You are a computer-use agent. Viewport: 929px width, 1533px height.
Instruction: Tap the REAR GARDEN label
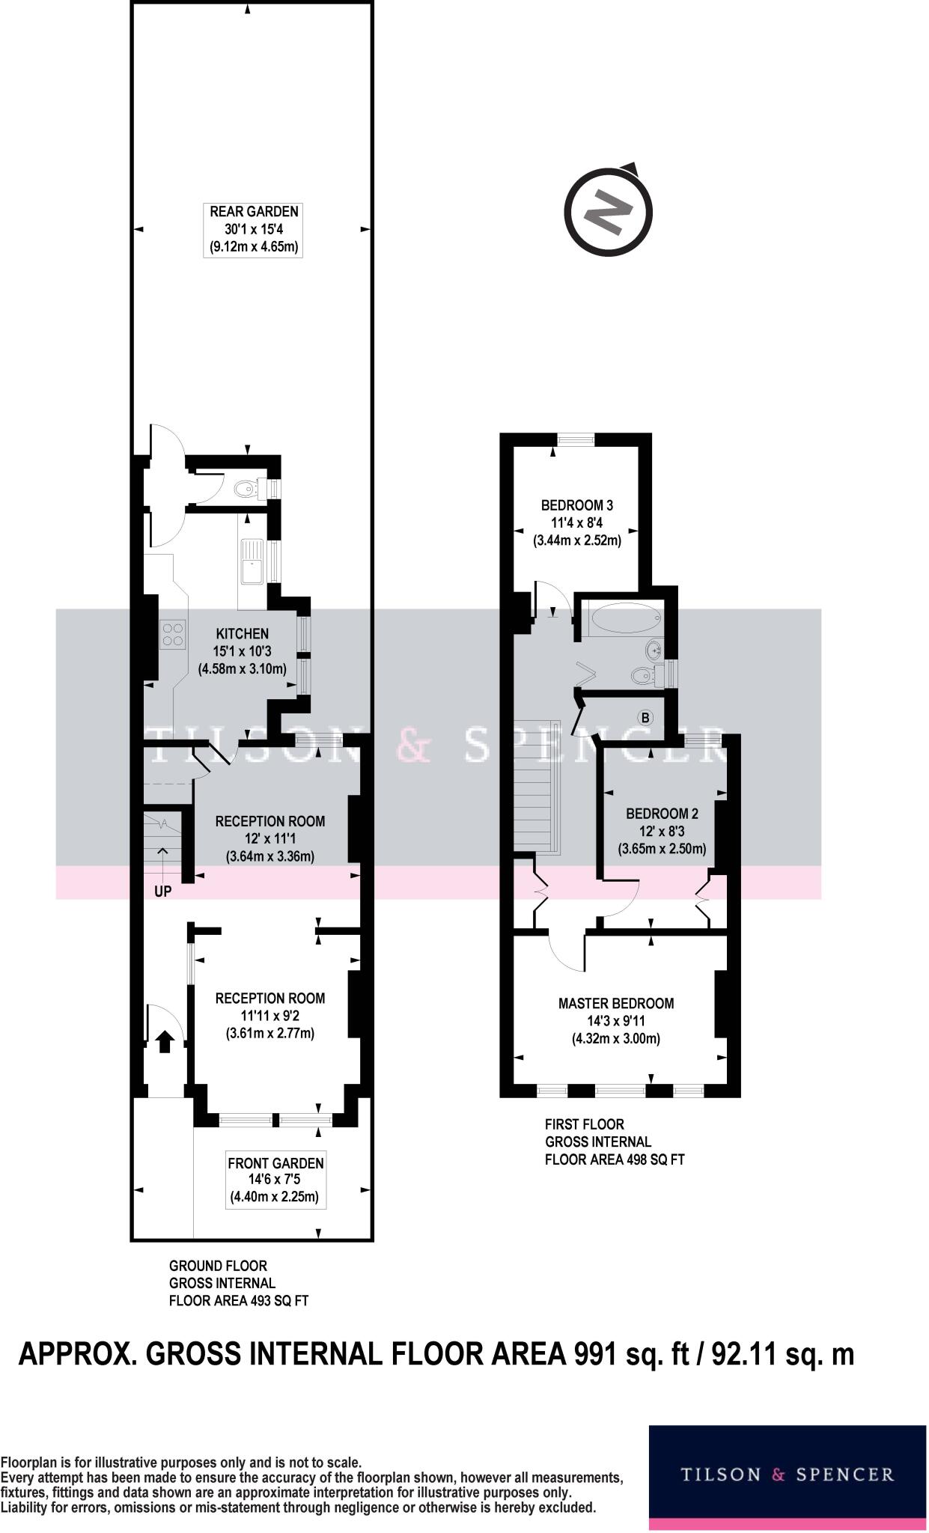coord(254,212)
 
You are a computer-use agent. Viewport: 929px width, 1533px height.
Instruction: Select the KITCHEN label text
coord(243,633)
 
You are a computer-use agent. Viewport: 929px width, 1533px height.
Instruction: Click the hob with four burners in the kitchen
coord(173,635)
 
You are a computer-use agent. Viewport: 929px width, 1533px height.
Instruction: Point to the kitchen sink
coord(250,561)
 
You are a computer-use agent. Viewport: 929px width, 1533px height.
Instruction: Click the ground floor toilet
coord(245,489)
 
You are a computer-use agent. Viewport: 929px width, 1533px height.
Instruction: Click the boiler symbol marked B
coord(645,718)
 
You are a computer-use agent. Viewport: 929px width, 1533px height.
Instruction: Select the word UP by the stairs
coord(162,892)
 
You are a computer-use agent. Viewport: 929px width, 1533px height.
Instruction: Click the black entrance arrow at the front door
coord(165,1041)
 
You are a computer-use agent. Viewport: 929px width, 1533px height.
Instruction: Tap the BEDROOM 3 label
coord(577,505)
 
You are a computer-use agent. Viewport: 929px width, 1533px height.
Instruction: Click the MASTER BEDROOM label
coord(616,1004)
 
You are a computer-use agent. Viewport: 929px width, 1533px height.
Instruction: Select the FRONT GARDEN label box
coord(275,1180)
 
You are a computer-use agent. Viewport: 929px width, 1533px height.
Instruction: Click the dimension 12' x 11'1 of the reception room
coord(269,839)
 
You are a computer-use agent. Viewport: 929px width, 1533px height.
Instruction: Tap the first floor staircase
coord(537,786)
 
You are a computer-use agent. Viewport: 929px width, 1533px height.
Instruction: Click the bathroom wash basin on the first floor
coord(654,648)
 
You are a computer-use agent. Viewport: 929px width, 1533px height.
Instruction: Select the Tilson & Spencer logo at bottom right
coord(787,1475)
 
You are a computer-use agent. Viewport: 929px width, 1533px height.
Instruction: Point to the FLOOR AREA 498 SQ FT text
coord(615,1159)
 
